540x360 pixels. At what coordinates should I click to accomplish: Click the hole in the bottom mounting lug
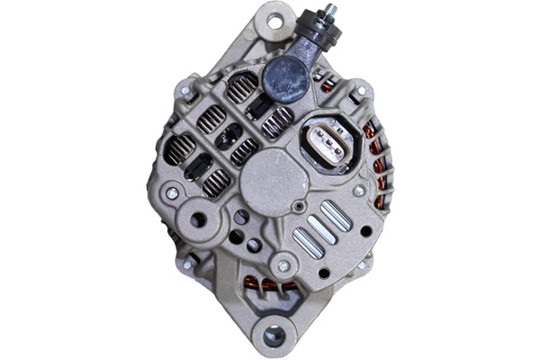click(272, 337)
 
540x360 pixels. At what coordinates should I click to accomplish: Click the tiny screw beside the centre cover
click(298, 206)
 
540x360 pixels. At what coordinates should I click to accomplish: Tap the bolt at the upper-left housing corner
click(185, 91)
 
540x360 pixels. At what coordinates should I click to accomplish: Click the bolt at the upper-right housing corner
click(362, 92)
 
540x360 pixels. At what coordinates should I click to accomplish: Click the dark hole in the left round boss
click(199, 219)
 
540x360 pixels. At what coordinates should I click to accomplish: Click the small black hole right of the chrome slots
click(365, 231)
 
